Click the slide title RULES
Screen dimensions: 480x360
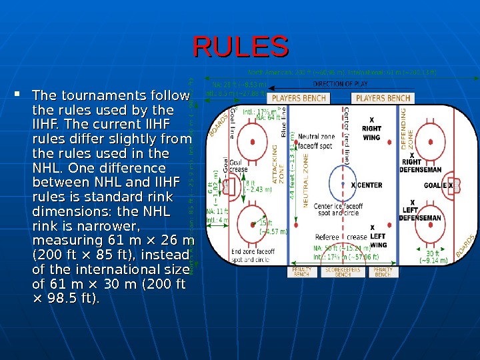[x=241, y=47]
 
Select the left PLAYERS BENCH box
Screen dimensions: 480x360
[x=299, y=98]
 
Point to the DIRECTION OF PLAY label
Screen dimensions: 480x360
[x=350, y=85]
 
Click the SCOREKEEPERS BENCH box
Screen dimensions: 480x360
[x=343, y=272]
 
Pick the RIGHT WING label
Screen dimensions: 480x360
[x=371, y=133]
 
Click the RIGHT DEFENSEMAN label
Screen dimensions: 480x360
[x=420, y=165]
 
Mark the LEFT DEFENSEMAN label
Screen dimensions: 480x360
[x=421, y=214]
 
